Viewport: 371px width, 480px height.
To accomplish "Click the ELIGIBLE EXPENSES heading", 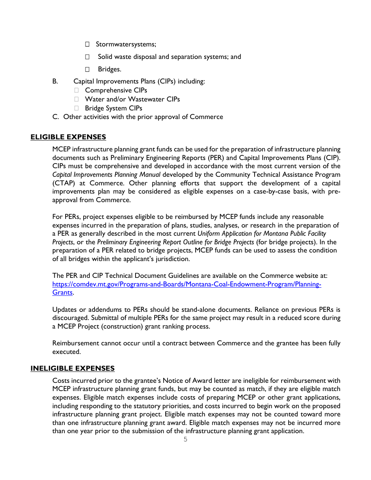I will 68,137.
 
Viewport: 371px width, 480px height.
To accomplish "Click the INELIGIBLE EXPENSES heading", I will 73,368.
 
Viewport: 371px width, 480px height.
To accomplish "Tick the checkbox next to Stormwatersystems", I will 87,44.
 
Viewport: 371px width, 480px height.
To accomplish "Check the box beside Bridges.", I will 87,69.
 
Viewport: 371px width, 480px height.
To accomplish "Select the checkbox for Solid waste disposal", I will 87,57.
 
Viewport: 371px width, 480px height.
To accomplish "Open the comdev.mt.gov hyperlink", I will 187,284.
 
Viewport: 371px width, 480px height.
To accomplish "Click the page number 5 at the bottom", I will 185,439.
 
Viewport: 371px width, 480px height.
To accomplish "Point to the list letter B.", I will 55,82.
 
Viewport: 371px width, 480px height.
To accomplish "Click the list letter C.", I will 55,117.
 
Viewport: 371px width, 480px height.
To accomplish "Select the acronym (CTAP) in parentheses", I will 63,183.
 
